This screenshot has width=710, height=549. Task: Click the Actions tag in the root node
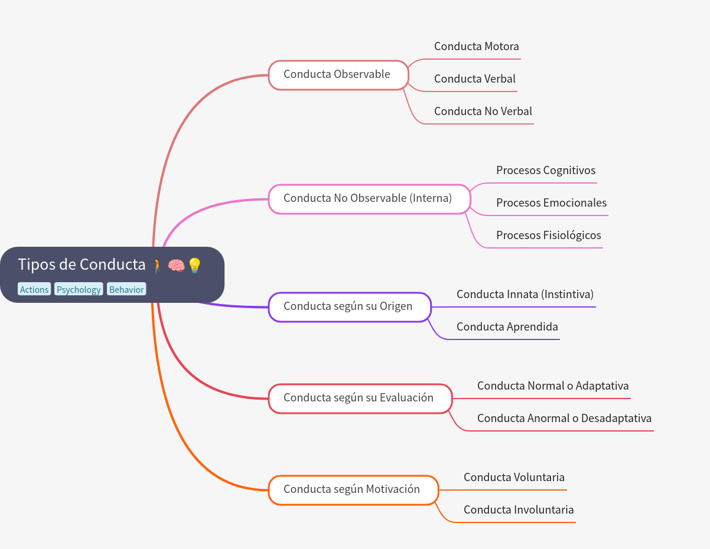click(x=34, y=289)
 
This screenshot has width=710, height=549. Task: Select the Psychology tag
click(x=79, y=289)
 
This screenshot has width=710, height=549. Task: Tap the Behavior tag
click(x=126, y=289)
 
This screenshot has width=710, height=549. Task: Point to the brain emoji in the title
click(x=176, y=266)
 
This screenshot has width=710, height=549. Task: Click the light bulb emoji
click(x=194, y=266)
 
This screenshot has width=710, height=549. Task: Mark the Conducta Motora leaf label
click(x=476, y=47)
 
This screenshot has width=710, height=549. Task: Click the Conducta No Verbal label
click(x=483, y=112)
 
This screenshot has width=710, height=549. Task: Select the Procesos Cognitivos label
click(x=545, y=171)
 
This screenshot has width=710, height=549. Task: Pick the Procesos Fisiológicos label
click(x=548, y=236)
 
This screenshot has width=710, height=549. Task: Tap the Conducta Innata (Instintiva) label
click(x=525, y=295)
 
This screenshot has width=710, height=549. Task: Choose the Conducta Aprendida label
click(x=507, y=327)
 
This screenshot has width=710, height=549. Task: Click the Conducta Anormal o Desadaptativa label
click(x=564, y=419)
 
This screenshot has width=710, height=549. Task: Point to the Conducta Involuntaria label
click(x=518, y=510)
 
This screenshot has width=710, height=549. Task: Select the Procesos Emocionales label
click(x=551, y=203)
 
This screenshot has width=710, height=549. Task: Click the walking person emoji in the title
click(x=157, y=266)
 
